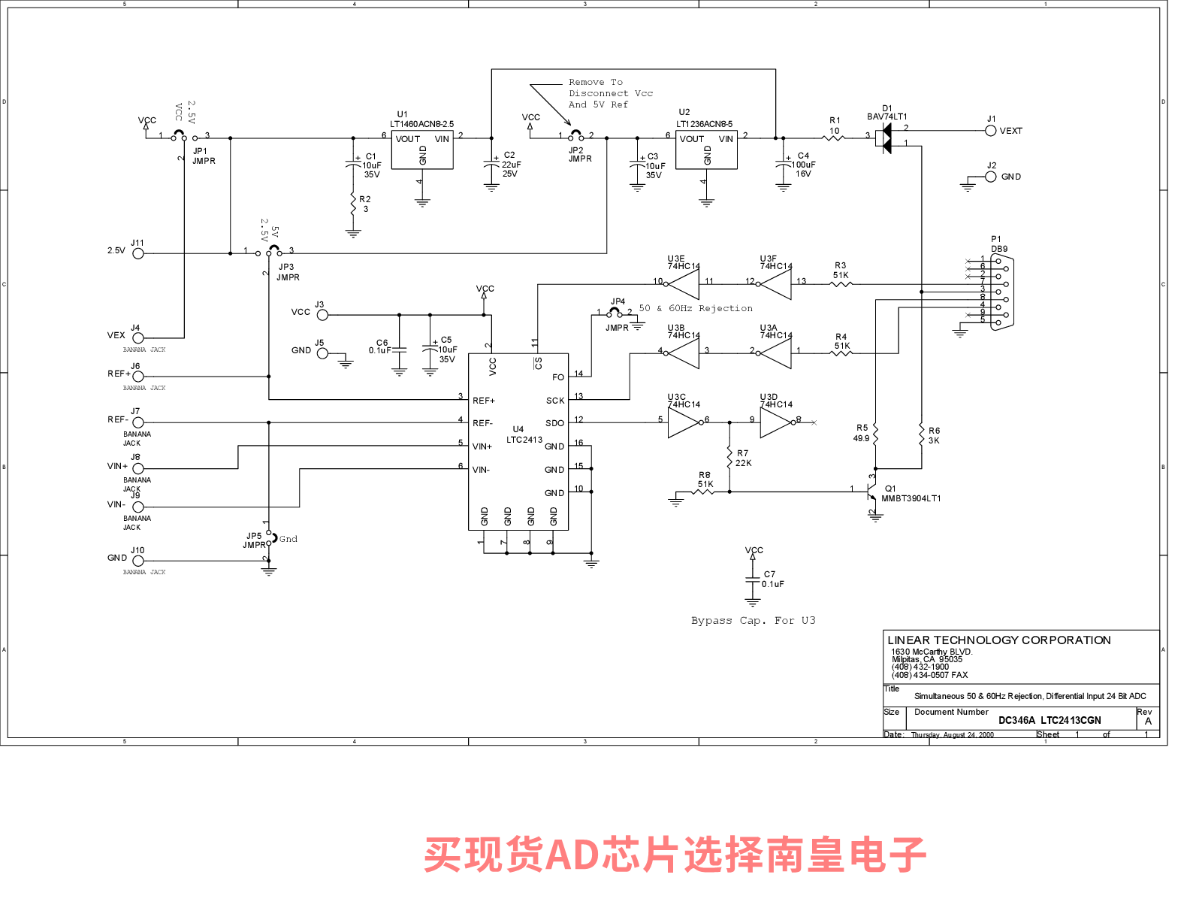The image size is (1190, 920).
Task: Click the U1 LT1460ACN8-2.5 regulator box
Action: point(422,150)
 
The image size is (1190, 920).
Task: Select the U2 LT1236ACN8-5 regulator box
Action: point(706,150)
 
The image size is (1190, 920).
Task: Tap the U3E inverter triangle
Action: point(684,283)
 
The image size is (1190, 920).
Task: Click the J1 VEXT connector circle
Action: point(991,131)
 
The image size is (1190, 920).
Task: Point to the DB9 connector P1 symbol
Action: point(1002,292)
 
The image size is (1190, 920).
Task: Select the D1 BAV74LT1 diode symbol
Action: point(884,138)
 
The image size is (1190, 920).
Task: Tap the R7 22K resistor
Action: point(729,456)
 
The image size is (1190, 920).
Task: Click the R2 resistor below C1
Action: point(353,204)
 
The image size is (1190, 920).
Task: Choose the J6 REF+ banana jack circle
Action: point(138,377)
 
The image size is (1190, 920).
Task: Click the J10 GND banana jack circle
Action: point(138,561)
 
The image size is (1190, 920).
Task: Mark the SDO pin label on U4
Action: point(554,423)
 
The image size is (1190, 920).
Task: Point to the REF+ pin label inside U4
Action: point(484,401)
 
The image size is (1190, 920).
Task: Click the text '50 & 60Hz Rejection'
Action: point(696,309)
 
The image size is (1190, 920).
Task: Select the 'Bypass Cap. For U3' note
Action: point(753,621)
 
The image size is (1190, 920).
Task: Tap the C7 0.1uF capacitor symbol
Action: point(753,579)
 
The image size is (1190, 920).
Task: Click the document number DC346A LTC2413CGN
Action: point(1050,720)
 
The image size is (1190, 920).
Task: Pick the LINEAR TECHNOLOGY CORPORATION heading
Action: point(999,640)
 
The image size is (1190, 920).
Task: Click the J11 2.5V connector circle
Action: point(138,254)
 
